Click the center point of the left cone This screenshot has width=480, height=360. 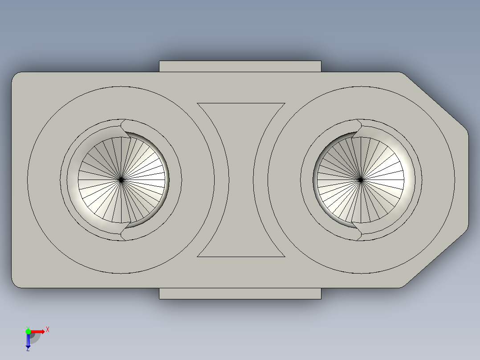tap(121, 180)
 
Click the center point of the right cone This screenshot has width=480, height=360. tap(361, 180)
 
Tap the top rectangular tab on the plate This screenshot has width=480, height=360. tap(240, 66)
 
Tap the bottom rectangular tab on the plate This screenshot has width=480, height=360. tap(240, 294)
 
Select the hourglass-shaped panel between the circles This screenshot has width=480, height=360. tap(241, 180)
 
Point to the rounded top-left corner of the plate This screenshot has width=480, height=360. tap(14, 75)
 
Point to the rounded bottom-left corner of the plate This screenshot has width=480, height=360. tap(14, 285)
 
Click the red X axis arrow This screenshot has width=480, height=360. tap(37, 331)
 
